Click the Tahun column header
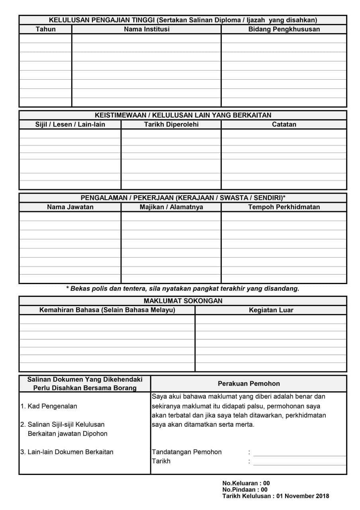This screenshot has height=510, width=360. point(45,29)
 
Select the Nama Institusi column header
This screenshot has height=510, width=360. point(147,29)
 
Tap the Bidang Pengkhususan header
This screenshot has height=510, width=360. point(284,29)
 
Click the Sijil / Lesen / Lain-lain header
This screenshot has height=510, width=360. point(70,124)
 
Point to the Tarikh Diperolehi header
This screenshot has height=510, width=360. point(171,124)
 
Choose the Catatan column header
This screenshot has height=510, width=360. point(284,124)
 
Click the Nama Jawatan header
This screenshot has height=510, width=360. point(70,207)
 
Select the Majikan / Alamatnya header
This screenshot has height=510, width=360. point(171,207)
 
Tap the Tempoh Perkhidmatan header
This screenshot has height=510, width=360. point(284,207)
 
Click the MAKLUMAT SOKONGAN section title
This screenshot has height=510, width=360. point(183,301)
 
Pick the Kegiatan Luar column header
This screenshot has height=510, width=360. point(271,310)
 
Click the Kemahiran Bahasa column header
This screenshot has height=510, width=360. point(107,310)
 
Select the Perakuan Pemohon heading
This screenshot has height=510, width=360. point(248,384)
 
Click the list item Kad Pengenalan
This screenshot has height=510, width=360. point(49,406)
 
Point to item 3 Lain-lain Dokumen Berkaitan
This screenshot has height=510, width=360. point(67,452)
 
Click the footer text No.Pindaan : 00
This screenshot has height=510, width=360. point(245,490)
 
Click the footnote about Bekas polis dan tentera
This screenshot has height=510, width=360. point(182,288)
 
